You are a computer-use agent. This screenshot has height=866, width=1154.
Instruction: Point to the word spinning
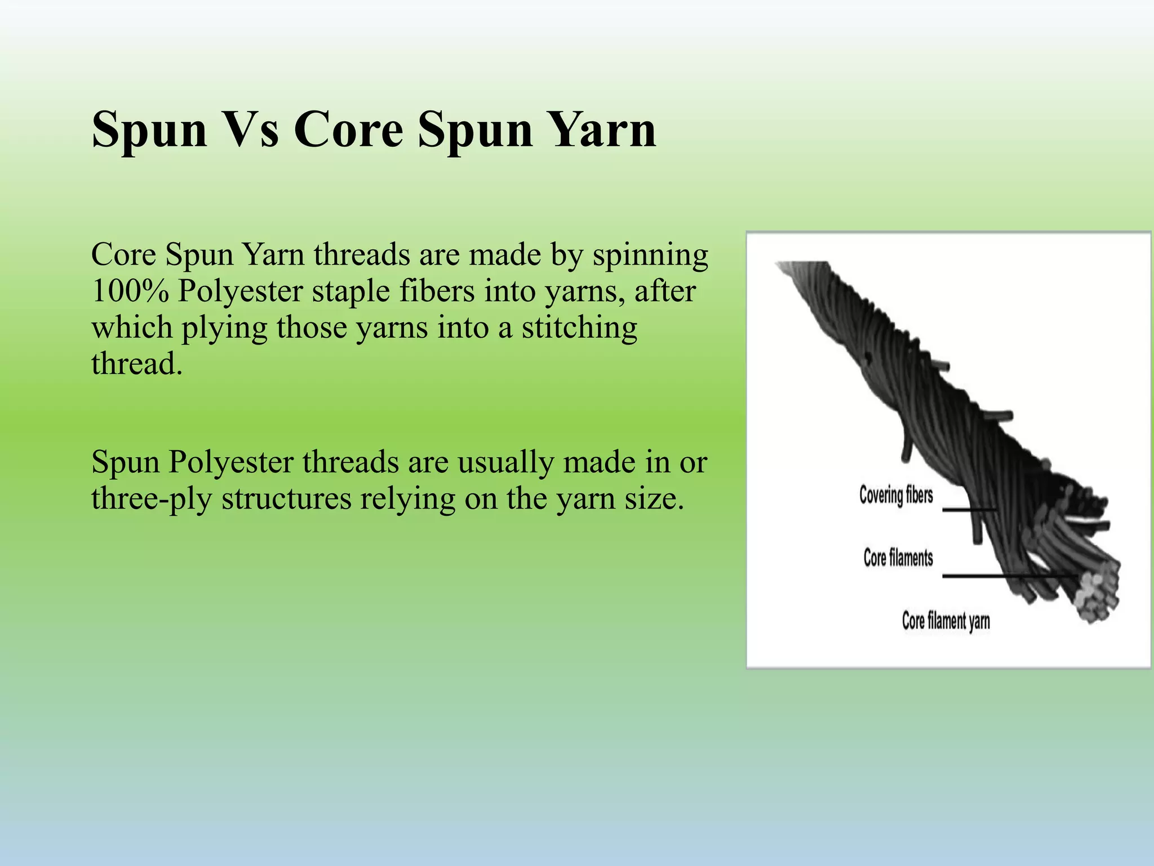pos(650,255)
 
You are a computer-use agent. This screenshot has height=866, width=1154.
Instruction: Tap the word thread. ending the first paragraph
pos(137,364)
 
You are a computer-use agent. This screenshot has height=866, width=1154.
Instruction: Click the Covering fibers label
pos(896,495)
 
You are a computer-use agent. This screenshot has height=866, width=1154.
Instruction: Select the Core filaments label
pos(898,558)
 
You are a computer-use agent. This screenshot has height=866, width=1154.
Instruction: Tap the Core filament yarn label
pos(946,621)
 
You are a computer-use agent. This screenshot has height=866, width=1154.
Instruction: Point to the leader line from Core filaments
pos(1009,576)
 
